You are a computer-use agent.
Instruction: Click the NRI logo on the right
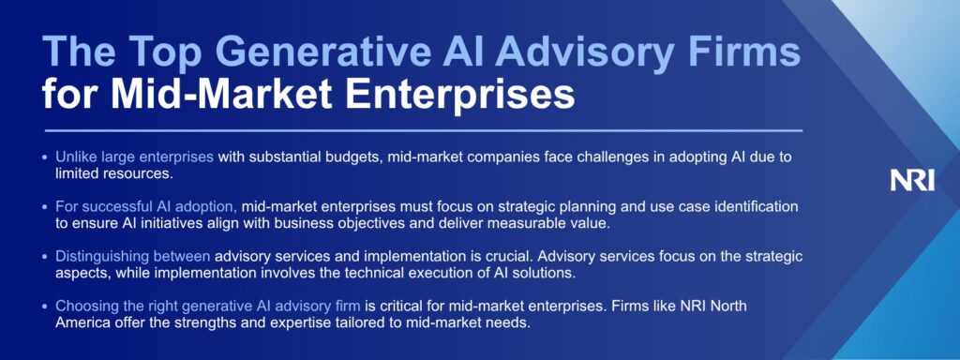(x=912, y=181)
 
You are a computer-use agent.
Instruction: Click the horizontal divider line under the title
(x=423, y=130)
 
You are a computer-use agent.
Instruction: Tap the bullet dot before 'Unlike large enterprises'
(x=45, y=157)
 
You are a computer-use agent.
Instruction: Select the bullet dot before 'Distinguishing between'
(x=45, y=257)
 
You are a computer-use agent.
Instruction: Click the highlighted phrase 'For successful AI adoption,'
(x=146, y=207)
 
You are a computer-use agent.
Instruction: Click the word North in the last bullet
(x=729, y=306)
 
